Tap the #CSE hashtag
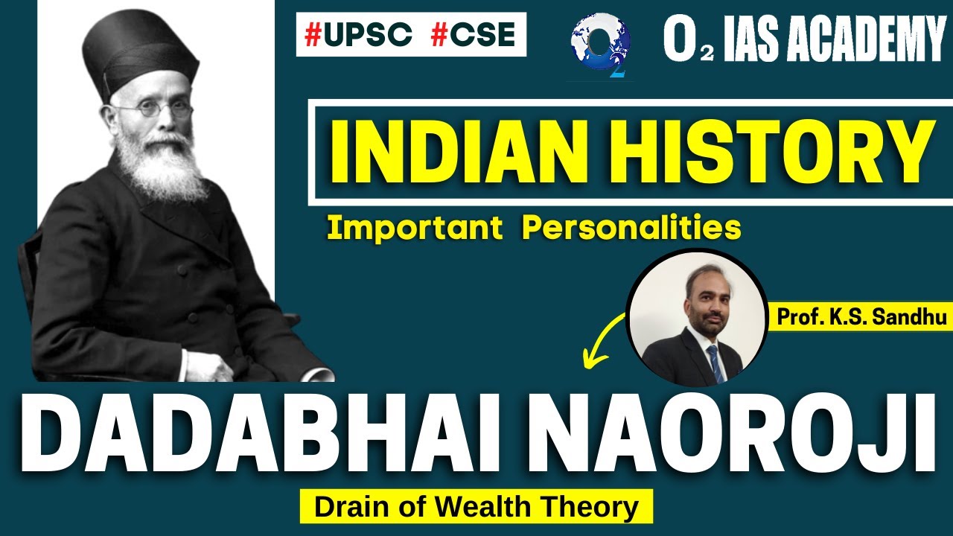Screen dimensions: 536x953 (473, 36)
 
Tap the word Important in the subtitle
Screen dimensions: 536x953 (414, 229)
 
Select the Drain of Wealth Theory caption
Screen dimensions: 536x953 (476, 508)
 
